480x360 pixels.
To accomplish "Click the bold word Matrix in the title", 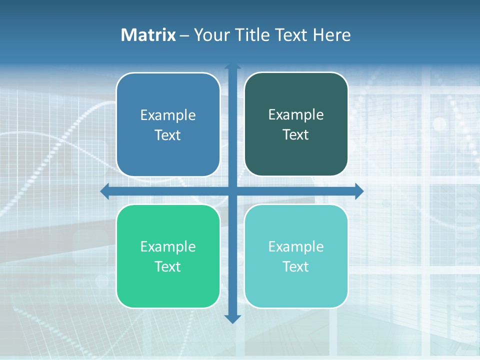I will (x=148, y=35).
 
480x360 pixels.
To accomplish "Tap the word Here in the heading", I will (x=331, y=35).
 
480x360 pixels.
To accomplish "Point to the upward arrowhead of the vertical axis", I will (x=232, y=66).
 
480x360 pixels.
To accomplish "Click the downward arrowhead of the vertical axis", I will (x=232, y=318).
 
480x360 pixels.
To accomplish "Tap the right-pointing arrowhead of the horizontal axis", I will (x=359, y=191).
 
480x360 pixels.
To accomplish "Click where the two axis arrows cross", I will (x=232, y=191).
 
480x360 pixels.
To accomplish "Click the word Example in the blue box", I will (x=168, y=115).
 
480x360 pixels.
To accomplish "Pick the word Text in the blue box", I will (x=168, y=135).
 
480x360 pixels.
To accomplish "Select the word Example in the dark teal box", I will (x=296, y=114).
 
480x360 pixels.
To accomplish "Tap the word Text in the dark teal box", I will (x=296, y=134).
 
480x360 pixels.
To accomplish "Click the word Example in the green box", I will (x=168, y=246).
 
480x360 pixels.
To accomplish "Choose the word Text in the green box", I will (x=168, y=266).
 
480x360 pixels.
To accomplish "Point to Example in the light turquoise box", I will (x=296, y=246).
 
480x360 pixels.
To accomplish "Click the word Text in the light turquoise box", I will (x=296, y=266).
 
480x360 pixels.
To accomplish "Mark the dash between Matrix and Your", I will (x=184, y=35).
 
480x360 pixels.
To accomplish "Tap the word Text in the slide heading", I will (x=291, y=35).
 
